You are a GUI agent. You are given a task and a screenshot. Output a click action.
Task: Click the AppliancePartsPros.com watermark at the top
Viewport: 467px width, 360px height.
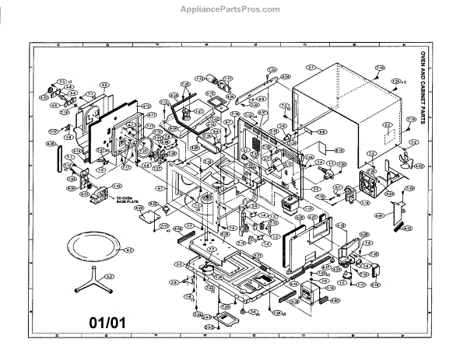click(233, 9)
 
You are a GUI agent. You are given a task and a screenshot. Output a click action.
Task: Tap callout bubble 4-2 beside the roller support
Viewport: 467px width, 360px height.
click(110, 276)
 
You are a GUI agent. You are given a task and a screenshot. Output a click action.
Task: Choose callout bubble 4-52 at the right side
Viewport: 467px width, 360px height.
click(419, 166)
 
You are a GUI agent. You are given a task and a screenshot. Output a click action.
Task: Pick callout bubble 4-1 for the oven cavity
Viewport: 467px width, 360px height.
click(160, 189)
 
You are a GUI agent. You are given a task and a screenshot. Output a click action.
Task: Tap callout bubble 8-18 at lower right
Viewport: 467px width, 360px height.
click(375, 285)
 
